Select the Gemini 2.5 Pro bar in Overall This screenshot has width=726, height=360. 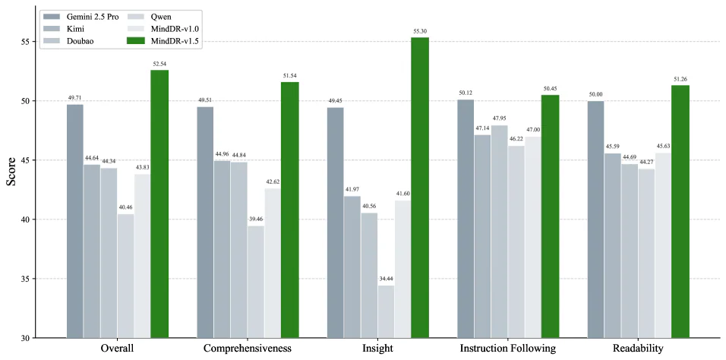point(74,220)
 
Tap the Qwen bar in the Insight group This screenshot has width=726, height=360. point(387,311)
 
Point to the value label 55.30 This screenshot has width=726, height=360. point(420,31)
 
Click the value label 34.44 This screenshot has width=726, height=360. point(387,279)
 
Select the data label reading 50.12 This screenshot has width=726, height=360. point(466,93)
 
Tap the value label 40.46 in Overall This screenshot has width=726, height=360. point(125,207)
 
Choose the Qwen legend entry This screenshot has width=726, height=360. point(159,16)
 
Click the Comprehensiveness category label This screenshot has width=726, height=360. point(248,349)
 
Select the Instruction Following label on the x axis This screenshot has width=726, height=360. point(508,349)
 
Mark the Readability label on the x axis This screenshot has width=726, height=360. point(638,349)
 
